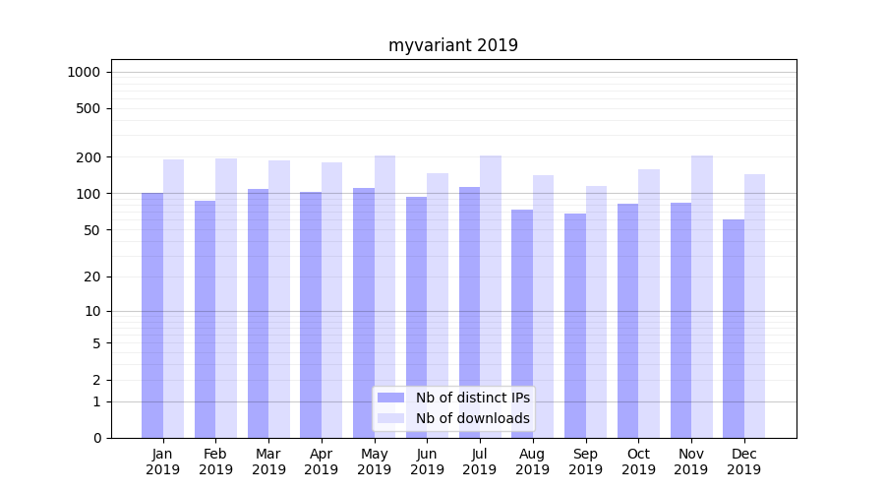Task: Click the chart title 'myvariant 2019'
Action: (x=452, y=45)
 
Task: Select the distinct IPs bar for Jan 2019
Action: (x=152, y=315)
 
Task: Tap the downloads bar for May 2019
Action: (x=384, y=295)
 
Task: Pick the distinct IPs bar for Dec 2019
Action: (x=734, y=329)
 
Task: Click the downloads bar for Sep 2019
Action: (x=596, y=311)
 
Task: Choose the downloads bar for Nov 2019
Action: (x=702, y=295)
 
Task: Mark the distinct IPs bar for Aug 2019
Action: (x=522, y=324)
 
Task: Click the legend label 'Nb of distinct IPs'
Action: (x=472, y=398)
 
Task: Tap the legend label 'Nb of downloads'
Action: (x=472, y=418)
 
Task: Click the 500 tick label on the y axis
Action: (x=88, y=108)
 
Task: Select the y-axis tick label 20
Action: (x=91, y=277)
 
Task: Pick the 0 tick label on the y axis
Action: (x=96, y=438)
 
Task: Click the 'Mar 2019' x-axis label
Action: (x=268, y=461)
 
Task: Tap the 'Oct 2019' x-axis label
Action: (x=638, y=461)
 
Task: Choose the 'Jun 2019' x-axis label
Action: (x=427, y=461)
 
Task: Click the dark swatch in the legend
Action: (x=390, y=398)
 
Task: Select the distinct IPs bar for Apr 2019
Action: (x=311, y=315)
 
